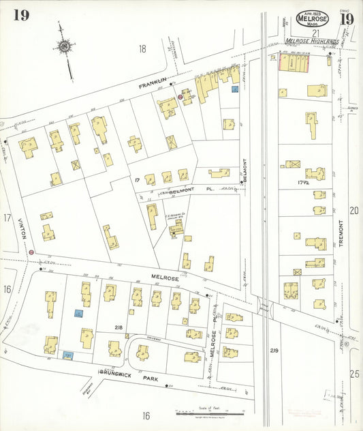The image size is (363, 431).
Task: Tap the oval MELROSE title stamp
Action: (313, 18)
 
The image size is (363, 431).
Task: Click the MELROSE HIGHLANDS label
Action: (311, 42)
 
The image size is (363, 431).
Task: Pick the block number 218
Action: (119, 328)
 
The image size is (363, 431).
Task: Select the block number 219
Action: (274, 351)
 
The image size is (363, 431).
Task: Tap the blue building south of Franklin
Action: (235, 89)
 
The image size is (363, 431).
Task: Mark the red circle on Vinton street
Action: (31, 252)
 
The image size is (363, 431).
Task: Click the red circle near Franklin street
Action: (180, 98)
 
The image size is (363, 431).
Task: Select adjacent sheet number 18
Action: (142, 48)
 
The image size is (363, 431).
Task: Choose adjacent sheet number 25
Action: (353, 374)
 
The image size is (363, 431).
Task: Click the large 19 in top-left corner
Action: (20, 16)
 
